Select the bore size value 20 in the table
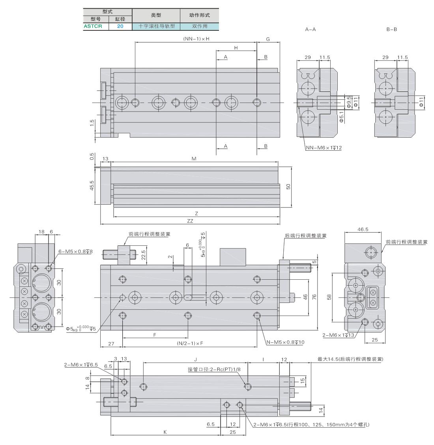point(120,26)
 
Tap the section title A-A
point(311,29)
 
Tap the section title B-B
point(391,29)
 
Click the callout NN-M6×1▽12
point(324,148)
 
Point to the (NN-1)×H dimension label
point(196,39)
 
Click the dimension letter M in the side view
point(194,159)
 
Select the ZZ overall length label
point(190,221)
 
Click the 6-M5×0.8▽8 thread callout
point(75,251)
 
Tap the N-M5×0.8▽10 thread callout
point(285,342)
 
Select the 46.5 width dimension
point(363,229)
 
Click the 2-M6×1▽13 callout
point(339,335)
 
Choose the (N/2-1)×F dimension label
point(190,343)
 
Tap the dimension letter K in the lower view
point(165,432)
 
